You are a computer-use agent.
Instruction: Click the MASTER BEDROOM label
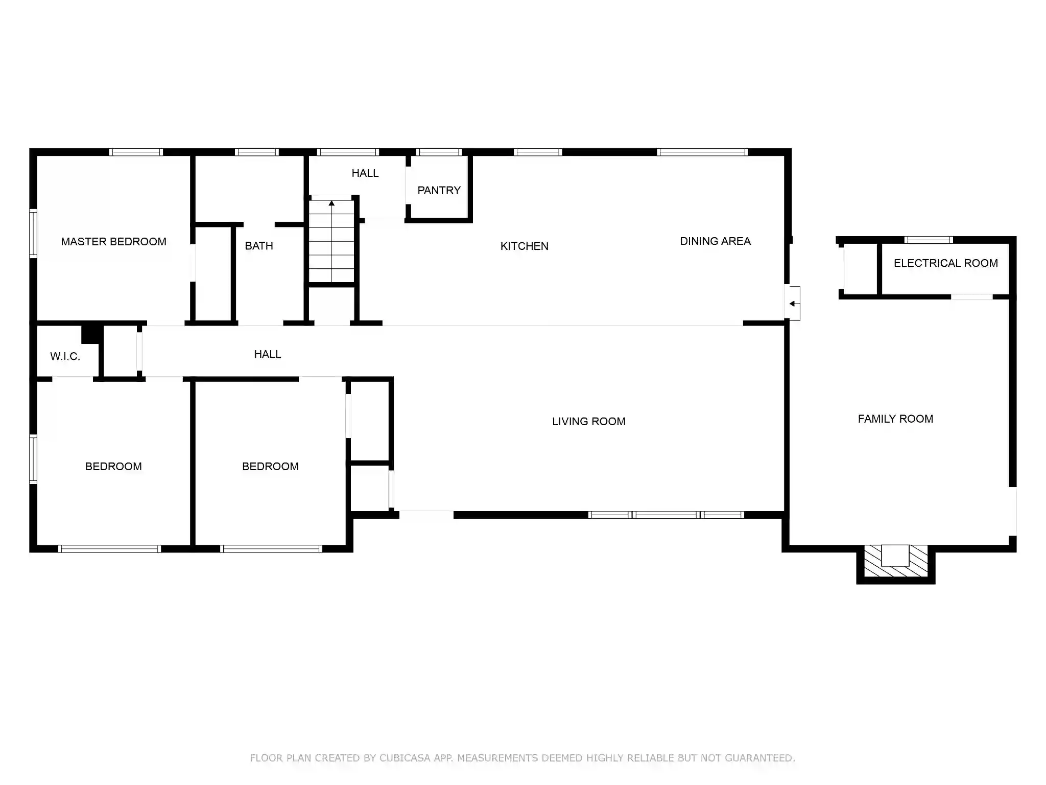113,242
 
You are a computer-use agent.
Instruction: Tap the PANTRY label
439,191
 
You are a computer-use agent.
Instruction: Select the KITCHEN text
524,246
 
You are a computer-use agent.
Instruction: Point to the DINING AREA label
715,241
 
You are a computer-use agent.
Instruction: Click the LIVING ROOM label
588,422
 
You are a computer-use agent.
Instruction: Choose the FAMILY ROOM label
895,419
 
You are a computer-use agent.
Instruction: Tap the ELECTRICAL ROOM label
945,263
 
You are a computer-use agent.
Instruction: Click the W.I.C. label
65,357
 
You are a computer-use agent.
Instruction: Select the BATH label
258,246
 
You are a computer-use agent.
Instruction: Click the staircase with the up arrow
331,241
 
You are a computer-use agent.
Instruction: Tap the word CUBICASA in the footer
405,758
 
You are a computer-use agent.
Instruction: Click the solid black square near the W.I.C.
90,334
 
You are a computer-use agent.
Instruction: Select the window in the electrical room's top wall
929,240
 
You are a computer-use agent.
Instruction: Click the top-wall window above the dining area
702,152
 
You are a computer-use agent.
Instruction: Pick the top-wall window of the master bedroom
136,152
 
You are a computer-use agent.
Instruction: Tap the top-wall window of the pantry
439,152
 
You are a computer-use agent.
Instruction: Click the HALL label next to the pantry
365,173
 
